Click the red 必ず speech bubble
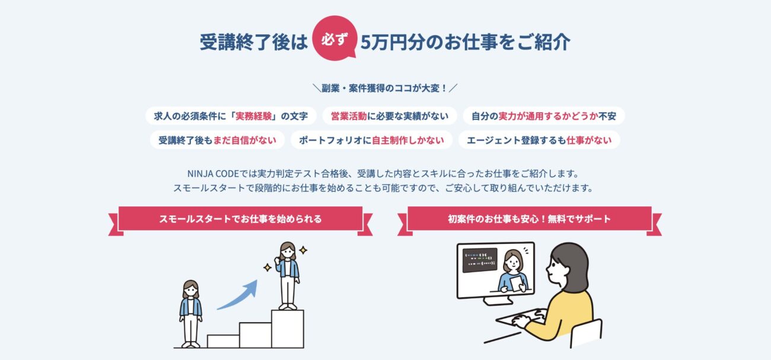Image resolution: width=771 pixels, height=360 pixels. tap(334, 38)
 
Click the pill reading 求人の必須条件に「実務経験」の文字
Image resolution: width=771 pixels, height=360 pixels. tap(231, 116)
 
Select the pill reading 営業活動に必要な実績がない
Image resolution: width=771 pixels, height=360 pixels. tap(389, 116)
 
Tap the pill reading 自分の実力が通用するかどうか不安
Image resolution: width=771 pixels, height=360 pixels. tap(543, 116)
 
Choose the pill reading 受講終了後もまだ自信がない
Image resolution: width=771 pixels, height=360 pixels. tap(217, 140)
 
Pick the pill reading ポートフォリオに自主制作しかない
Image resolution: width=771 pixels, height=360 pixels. tap(371, 140)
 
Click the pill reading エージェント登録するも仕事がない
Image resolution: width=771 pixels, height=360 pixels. tap(539, 140)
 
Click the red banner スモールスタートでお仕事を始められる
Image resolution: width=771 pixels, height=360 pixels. tap(240, 219)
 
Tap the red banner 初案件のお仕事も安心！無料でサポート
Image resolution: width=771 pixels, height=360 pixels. tap(530, 219)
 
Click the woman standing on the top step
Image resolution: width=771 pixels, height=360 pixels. tap(288, 275)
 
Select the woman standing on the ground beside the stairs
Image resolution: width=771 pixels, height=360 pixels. tap(191, 313)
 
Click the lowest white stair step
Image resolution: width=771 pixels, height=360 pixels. tap(223, 341)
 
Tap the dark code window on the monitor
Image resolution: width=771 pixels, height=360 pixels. tap(479, 260)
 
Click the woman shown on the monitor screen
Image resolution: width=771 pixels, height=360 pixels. tap(513, 271)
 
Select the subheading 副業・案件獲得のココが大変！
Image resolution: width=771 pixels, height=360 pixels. tap(385, 88)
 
